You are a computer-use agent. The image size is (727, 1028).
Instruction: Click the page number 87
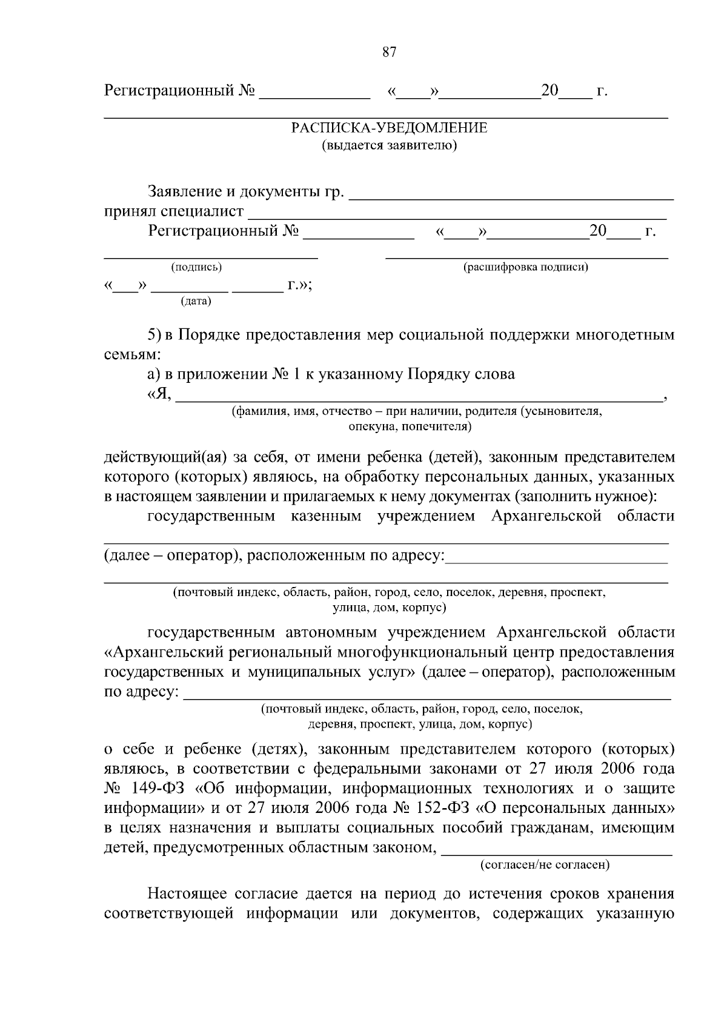[389, 52]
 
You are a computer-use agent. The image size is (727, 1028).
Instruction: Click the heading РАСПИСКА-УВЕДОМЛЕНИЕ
[389, 128]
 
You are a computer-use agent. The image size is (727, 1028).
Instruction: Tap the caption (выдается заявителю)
[389, 145]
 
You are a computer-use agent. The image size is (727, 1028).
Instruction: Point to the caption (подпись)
[196, 267]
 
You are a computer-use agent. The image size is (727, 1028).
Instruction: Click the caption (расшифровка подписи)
[526, 267]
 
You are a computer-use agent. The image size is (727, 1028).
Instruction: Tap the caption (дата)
[196, 301]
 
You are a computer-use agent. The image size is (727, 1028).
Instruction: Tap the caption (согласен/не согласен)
[545, 865]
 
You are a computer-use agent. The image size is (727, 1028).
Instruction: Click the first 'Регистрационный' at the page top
[168, 91]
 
